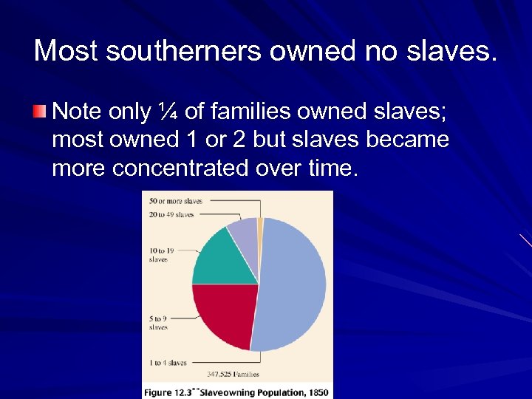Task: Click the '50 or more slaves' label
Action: [175, 201]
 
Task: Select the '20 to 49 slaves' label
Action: [171, 214]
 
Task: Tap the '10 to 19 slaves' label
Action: [160, 255]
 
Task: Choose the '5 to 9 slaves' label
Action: [158, 323]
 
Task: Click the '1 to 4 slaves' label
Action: [168, 363]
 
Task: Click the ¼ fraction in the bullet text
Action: [167, 112]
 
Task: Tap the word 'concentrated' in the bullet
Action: [180, 168]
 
